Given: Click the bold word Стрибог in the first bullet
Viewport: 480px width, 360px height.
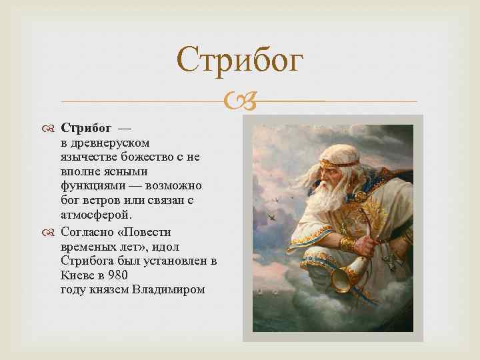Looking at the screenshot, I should (x=86, y=127).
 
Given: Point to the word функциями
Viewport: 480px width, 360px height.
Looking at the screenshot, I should (x=90, y=185).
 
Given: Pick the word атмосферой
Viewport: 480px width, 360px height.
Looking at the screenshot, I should (x=97, y=215).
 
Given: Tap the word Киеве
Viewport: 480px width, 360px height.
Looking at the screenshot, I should (x=76, y=275).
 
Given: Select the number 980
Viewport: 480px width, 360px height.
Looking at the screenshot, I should (x=116, y=275).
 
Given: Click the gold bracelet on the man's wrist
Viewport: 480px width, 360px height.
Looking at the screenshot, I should (x=347, y=243).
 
